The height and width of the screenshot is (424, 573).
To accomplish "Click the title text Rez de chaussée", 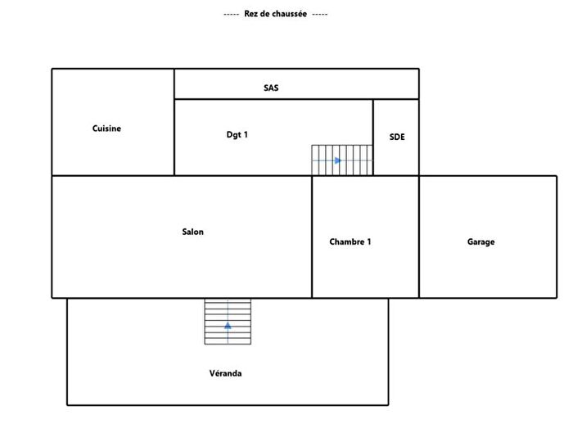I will click(275, 15).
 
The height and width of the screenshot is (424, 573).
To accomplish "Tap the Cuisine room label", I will click(107, 129).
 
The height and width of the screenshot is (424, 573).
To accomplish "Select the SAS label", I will click(271, 88).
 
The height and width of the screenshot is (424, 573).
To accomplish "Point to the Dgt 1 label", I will click(237, 134).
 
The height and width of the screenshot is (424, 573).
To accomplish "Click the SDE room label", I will click(397, 138).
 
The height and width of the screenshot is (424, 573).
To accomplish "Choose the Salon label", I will click(193, 232).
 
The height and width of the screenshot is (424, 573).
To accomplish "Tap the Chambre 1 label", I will click(350, 242).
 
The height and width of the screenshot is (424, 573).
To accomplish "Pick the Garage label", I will click(481, 242).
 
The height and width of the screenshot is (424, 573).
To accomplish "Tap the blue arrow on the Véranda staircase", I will click(228, 326).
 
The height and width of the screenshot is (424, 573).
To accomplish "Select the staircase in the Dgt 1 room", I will click(342, 160).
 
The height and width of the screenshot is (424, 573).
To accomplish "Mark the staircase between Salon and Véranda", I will click(228, 322).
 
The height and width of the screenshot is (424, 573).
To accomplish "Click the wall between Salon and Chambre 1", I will click(312, 237).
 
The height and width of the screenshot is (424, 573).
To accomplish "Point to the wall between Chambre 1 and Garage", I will click(419, 237).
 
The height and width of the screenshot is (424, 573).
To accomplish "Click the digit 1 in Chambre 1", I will click(368, 242).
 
